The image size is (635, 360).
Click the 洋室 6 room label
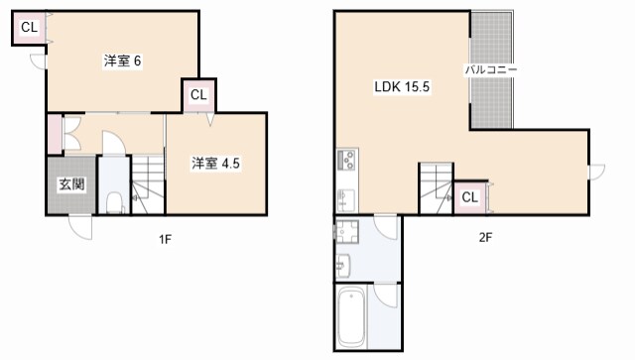pos(123,61)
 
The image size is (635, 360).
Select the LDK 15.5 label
pos(401,87)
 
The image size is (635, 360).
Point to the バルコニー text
pos(490,70)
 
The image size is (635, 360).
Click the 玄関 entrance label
pos(70,184)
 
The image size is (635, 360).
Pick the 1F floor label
pos(165,238)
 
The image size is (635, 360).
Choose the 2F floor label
pos(485,238)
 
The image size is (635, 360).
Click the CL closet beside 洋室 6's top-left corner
pos(28,28)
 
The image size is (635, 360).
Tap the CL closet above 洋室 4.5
pos(197,96)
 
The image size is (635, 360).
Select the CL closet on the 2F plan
pos(470,197)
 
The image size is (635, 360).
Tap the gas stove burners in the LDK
pos(347,160)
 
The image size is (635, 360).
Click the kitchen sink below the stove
pos(345,196)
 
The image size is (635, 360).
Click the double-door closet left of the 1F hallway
pos(55,135)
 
